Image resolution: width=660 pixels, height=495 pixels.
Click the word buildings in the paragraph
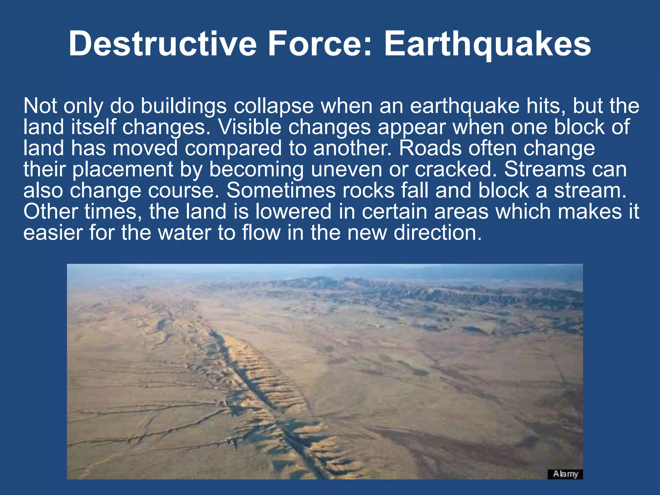tap(184, 106)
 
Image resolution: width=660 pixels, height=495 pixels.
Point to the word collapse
tap(274, 106)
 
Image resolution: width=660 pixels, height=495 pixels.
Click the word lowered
tap(293, 211)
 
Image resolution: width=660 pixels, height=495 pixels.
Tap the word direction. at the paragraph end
tap(438, 232)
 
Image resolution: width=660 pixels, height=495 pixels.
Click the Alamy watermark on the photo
tap(565, 474)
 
